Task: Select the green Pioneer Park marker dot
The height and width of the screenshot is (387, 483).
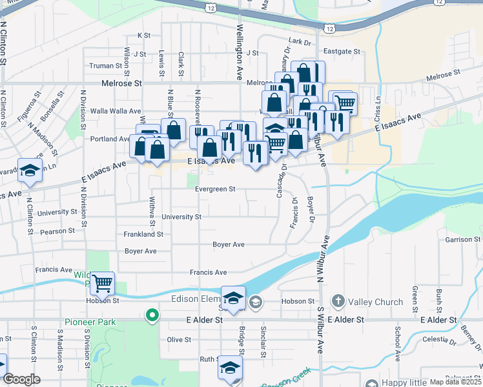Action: click(152, 315)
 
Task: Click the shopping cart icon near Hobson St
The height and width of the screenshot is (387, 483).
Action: click(102, 283)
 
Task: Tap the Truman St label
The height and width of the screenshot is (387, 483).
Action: click(105, 66)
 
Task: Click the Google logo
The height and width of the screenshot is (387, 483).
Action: click(21, 379)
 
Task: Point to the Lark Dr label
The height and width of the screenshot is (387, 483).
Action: click(300, 41)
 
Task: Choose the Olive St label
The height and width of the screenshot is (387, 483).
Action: click(179, 340)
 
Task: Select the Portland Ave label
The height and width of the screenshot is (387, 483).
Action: click(110, 139)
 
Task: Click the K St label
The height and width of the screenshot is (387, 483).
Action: click(143, 35)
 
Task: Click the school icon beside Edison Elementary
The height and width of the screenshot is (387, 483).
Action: click(233, 297)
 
